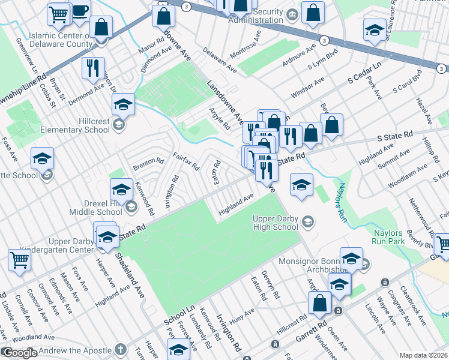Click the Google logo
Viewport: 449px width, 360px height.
(19, 353)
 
